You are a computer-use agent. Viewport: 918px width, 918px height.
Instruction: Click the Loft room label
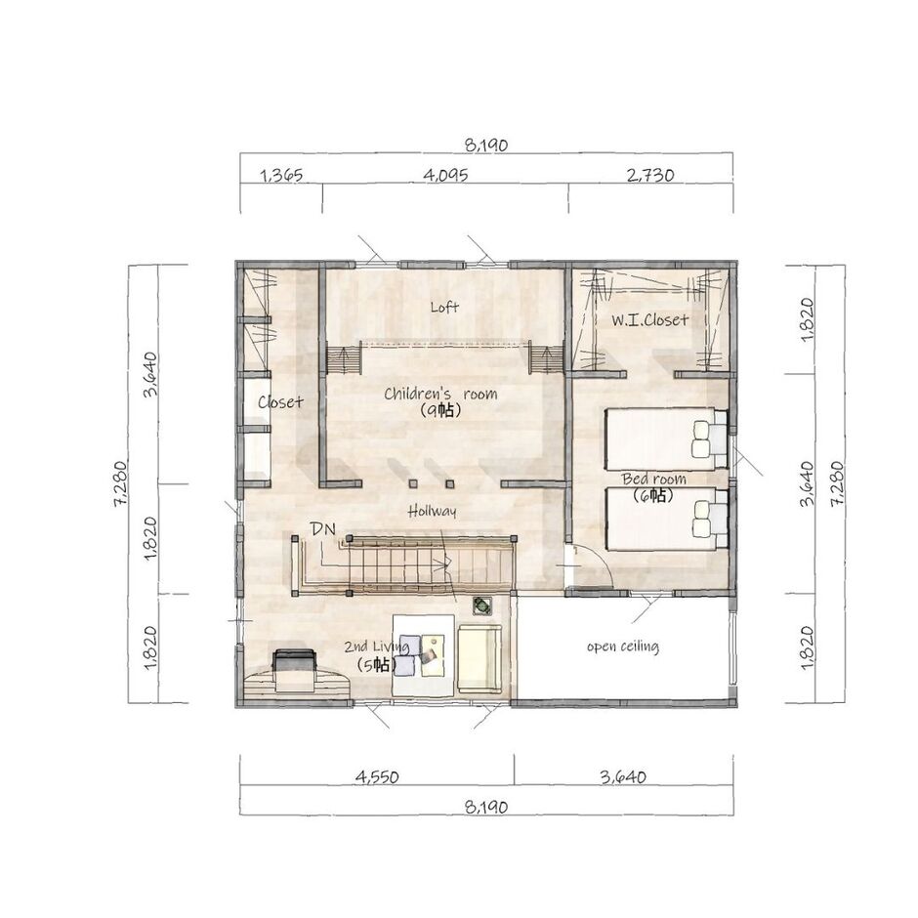pos(444,307)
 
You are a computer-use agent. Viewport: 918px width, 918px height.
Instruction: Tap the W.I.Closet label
pos(650,319)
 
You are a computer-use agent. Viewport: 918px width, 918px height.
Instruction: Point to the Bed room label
pos(653,479)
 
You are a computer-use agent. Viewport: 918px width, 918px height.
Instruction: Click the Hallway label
pos(432,510)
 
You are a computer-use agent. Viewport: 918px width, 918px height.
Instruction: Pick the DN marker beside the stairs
pos(323,528)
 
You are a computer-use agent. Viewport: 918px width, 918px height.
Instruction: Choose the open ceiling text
pos(622,647)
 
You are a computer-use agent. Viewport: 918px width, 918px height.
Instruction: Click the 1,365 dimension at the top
pos(281,176)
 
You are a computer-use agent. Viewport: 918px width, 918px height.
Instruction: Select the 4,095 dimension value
pos(446,176)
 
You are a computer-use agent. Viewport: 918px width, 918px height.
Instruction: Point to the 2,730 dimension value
pos(649,176)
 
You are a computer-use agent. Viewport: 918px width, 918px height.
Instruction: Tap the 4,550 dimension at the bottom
pos(376,777)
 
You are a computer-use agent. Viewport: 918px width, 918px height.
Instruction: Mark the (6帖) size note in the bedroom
pos(653,495)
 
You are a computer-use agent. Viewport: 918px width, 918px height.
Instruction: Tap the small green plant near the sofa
pos(481,605)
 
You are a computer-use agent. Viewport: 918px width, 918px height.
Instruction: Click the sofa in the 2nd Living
pos(479,659)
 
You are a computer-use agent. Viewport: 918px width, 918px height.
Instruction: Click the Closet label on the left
pos(280,401)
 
